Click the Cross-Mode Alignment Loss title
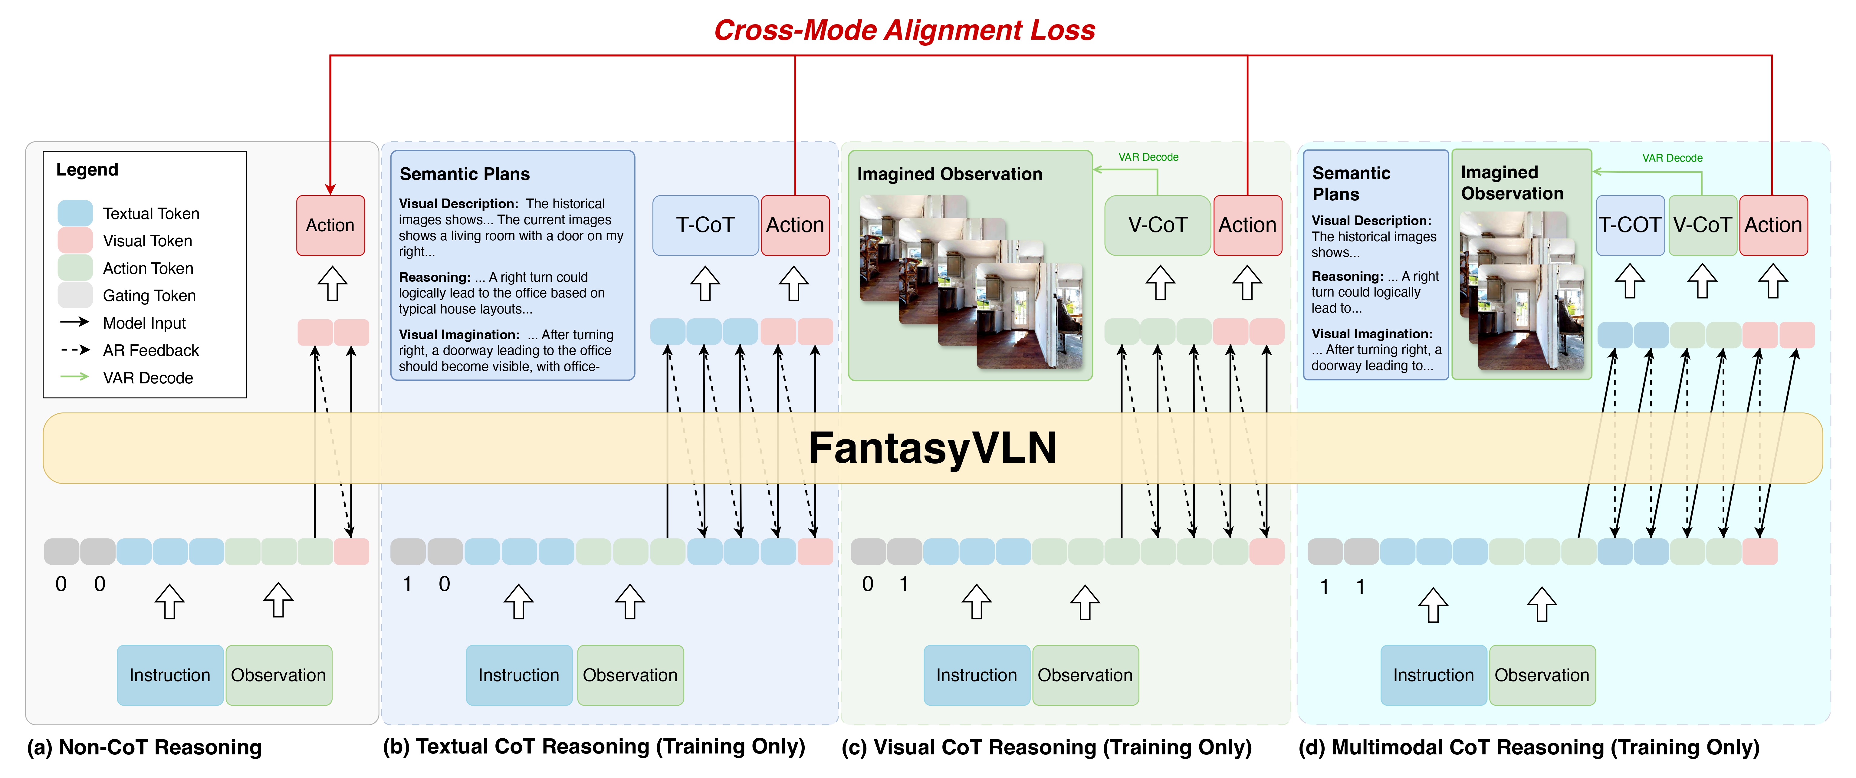click(x=904, y=30)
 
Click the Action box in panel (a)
click(x=330, y=225)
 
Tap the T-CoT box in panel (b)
click(x=705, y=225)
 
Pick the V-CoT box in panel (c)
click(x=1157, y=225)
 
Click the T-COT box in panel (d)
click(x=1630, y=225)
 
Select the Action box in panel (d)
click(x=1773, y=225)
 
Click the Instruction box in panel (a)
click(x=170, y=675)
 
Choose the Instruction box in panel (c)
click(x=976, y=675)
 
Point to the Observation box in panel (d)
click(x=1542, y=675)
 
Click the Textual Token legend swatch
click(x=75, y=213)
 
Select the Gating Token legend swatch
click(x=75, y=295)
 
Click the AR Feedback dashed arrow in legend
click(x=75, y=350)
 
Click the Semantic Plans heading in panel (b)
click(x=465, y=174)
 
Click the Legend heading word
click(x=87, y=170)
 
